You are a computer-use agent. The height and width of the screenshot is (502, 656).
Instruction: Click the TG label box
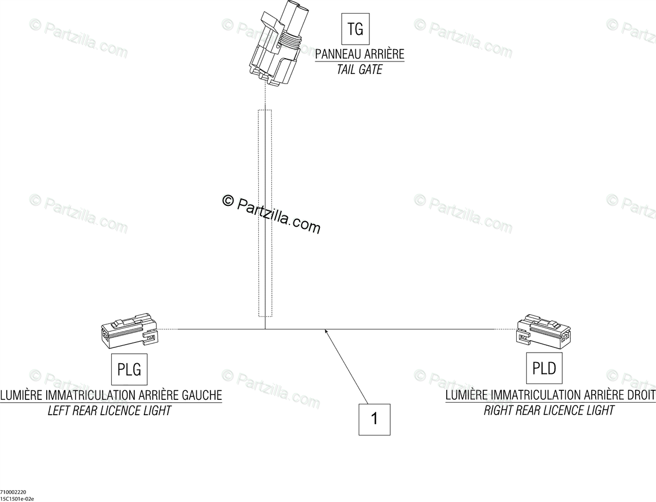pos(355,29)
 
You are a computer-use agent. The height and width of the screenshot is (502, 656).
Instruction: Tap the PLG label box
pos(129,370)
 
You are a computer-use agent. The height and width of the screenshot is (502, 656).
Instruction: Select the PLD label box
pos(544,368)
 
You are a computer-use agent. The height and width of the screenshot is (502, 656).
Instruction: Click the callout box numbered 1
pos(375,419)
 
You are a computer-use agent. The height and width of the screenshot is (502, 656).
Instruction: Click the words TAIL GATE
pos(359,70)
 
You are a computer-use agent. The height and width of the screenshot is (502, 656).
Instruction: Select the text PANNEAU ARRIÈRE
pos(359,55)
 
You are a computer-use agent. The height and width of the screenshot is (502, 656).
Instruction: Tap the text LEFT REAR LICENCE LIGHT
pos(109,411)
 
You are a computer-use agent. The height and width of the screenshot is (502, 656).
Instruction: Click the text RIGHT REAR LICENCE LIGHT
pos(549,411)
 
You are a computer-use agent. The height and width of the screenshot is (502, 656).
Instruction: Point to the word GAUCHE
pos(199,395)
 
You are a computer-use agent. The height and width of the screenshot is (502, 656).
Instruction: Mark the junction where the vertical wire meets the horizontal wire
pos(265,329)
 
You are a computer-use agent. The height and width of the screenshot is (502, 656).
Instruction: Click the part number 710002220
pos(12,492)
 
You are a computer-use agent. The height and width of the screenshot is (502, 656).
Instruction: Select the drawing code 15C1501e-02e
pos(17,499)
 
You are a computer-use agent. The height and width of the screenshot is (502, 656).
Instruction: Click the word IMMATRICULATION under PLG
pos(89,395)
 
